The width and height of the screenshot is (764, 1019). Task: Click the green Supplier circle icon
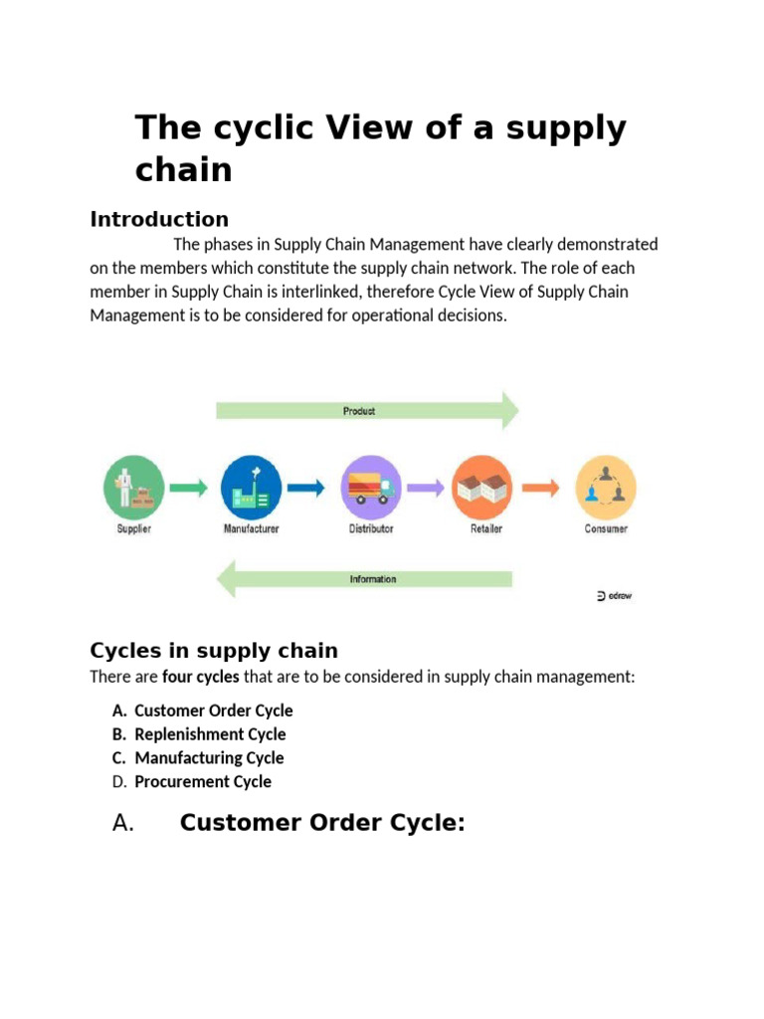coord(133,487)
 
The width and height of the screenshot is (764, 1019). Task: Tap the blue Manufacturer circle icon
coord(251,487)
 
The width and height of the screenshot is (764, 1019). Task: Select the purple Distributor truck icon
coord(370,487)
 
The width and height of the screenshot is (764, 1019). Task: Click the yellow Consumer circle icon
coord(605,487)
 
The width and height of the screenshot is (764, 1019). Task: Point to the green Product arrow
coord(367,410)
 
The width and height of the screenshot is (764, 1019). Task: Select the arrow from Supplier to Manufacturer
coord(188,488)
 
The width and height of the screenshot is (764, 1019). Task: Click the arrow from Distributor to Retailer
coord(425,488)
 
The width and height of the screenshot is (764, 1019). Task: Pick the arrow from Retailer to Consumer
coord(542,488)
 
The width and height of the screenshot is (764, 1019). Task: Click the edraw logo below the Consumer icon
coord(613,596)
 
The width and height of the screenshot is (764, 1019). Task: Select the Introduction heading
coord(159,219)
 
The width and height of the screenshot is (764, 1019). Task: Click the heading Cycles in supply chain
coord(214,651)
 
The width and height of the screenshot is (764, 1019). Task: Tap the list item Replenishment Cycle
coord(210,734)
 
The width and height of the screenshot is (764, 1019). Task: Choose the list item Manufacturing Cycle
coord(209,758)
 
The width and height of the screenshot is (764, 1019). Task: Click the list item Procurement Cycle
coord(203,782)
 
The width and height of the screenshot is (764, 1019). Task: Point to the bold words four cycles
coord(200,678)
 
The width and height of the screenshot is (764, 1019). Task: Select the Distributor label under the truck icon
coord(370,529)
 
